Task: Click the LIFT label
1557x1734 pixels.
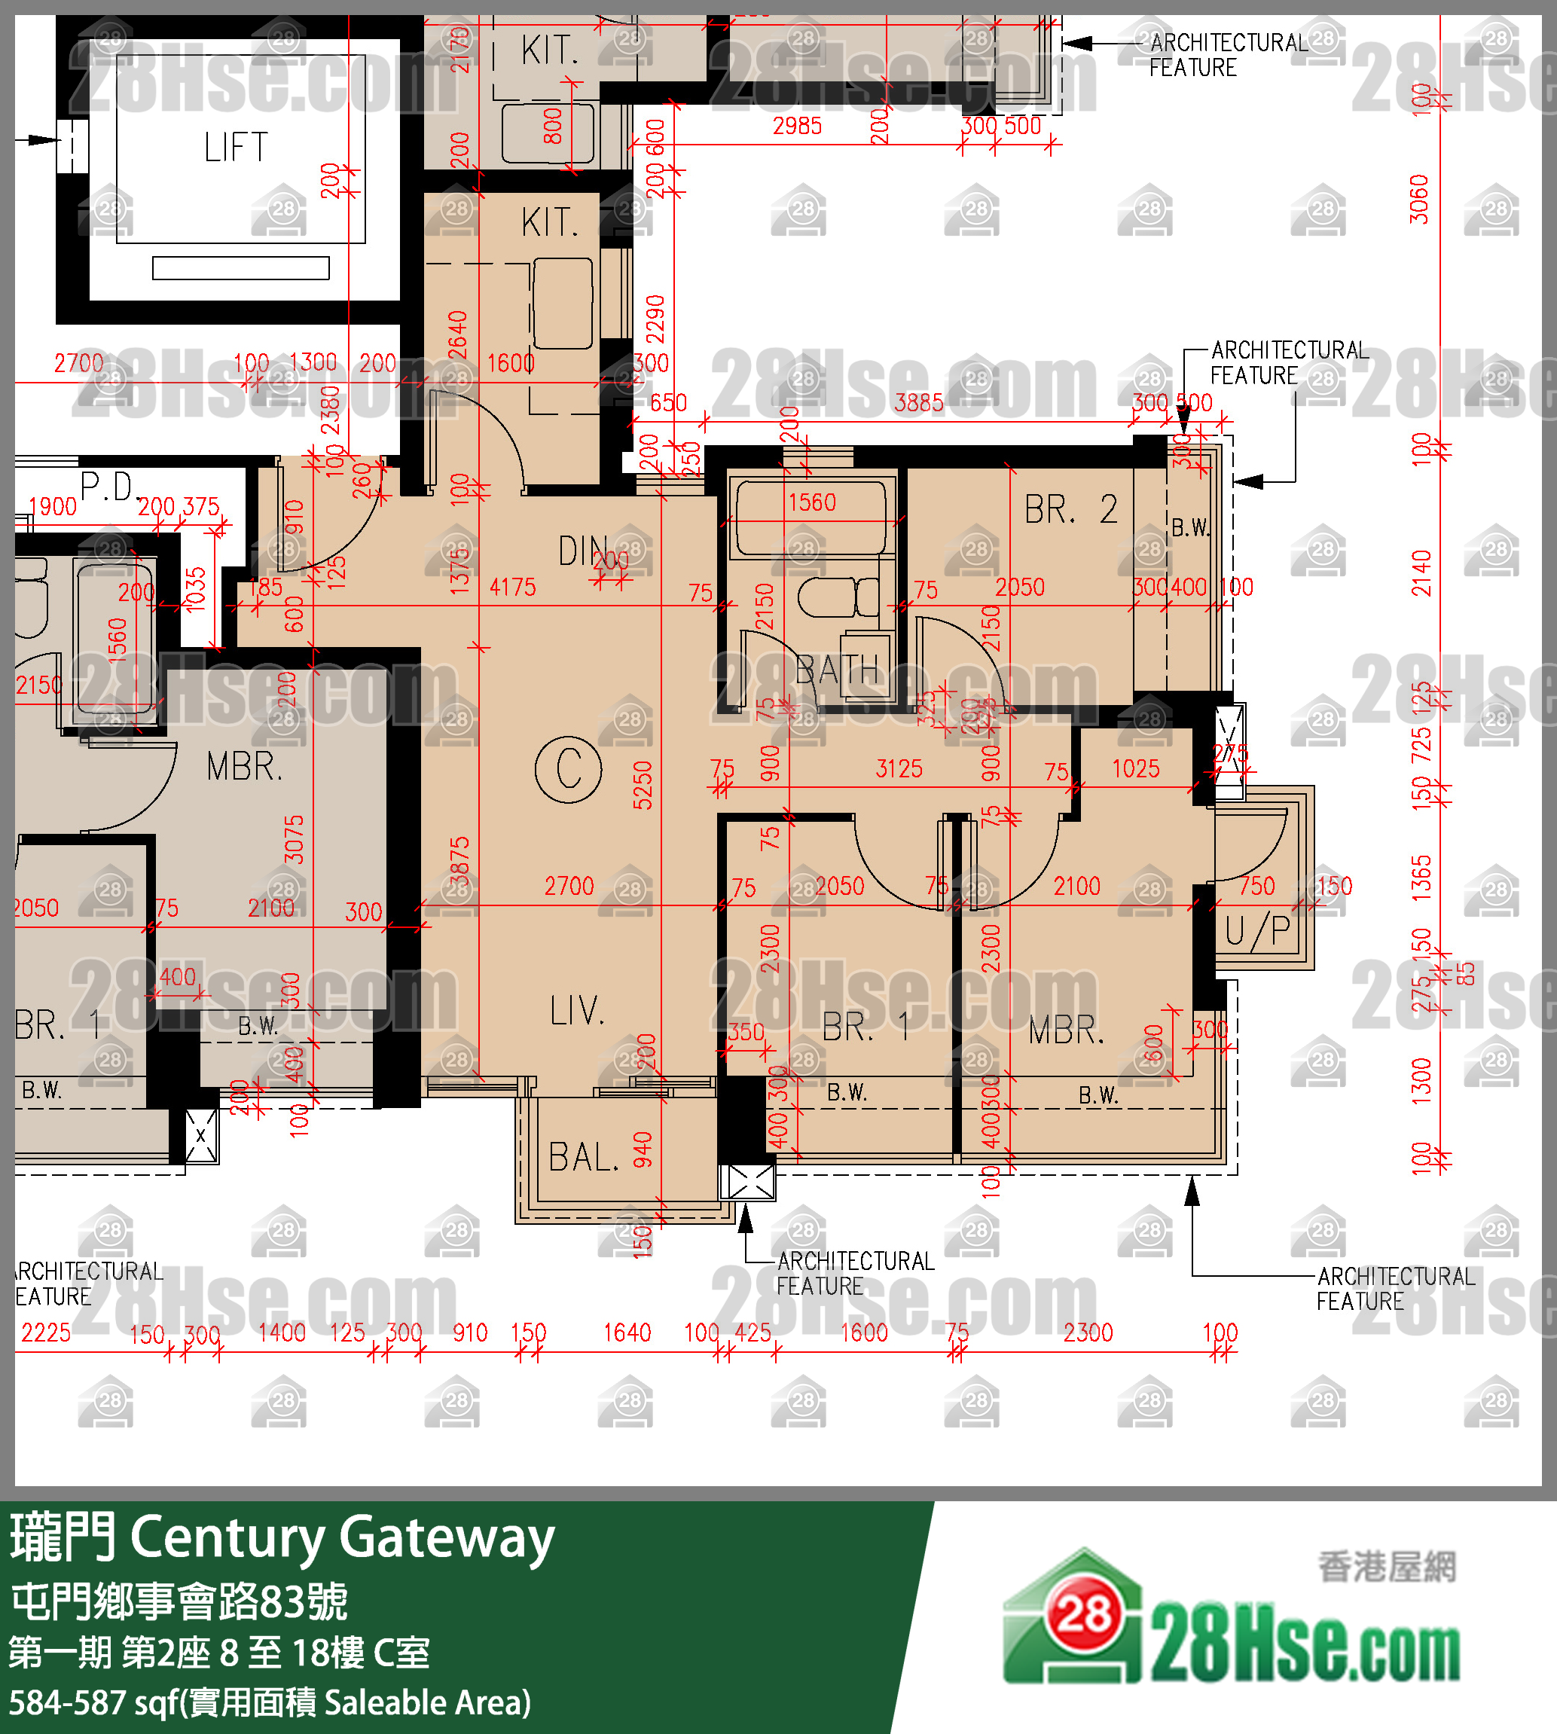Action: tap(236, 147)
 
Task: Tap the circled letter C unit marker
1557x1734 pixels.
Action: tap(568, 768)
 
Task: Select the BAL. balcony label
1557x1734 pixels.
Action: tap(584, 1158)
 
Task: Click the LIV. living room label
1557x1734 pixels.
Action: tap(578, 1011)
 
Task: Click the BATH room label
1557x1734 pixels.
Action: tap(837, 670)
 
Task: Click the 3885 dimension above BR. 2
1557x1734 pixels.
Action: tap(919, 403)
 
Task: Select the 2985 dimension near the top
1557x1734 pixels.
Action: tap(796, 127)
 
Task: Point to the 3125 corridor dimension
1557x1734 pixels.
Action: tap(899, 768)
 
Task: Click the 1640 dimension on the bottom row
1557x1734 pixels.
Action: tap(627, 1332)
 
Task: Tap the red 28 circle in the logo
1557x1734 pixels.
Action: tap(1084, 1615)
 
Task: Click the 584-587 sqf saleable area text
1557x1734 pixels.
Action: tap(270, 1702)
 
